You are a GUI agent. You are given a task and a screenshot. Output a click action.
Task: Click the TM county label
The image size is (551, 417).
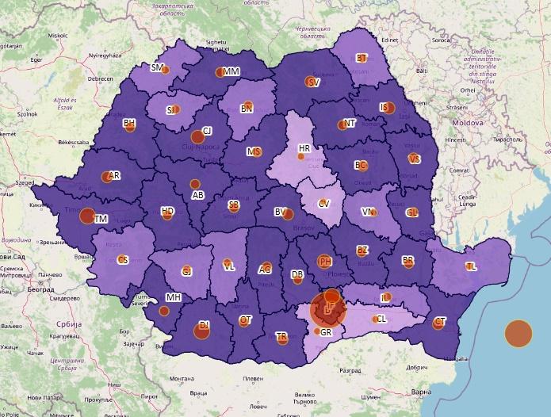click(x=100, y=218)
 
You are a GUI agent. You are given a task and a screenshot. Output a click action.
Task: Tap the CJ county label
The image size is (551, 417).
click(x=207, y=131)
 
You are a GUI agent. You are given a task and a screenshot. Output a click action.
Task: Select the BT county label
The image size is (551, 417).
click(x=362, y=58)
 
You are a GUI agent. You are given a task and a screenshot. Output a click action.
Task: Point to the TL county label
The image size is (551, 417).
click(x=471, y=266)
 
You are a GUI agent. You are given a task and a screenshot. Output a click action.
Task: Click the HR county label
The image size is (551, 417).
click(x=304, y=148)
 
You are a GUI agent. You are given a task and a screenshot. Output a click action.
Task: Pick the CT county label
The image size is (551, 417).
click(x=441, y=321)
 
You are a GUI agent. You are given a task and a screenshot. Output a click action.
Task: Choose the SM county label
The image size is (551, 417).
click(x=156, y=68)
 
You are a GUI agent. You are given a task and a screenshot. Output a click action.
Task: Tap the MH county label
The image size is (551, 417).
click(x=173, y=297)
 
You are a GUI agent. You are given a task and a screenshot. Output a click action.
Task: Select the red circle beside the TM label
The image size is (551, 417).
click(x=88, y=215)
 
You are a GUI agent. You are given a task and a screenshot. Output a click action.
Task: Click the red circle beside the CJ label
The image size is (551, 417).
click(x=197, y=137)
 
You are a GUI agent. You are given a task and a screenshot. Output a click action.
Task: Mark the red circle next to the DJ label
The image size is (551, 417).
click(x=201, y=331)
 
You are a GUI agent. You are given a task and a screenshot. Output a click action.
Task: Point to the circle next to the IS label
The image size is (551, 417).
click(x=389, y=109)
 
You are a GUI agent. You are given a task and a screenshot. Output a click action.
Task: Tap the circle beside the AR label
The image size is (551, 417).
click(x=106, y=177)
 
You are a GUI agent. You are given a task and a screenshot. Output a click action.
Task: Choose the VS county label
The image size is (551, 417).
click(x=415, y=159)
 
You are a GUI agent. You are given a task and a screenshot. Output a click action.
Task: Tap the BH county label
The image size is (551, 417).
click(x=129, y=123)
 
